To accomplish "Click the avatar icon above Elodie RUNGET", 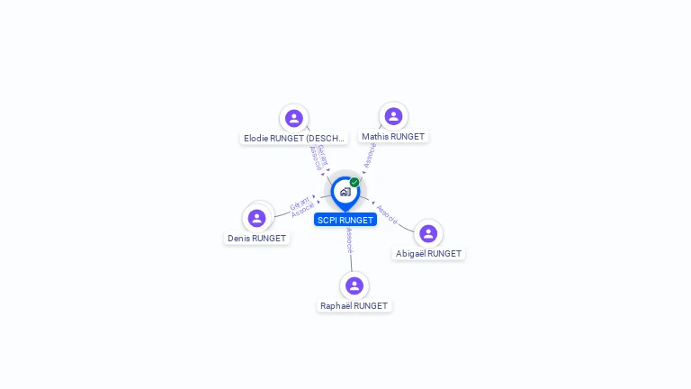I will (293, 118).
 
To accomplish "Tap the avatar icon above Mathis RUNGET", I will (393, 116).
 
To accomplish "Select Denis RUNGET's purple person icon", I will (257, 218).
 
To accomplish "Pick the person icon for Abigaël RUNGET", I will (428, 233).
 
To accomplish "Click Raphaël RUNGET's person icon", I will (354, 285).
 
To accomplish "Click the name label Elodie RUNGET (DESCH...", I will (294, 139).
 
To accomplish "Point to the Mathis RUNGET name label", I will (393, 137).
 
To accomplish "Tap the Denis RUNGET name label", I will (257, 239).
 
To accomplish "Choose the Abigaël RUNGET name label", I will (428, 254).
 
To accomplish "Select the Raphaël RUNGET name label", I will (354, 306).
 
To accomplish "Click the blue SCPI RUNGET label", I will (345, 220).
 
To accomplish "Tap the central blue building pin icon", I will (345, 192).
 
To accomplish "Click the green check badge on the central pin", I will (354, 182).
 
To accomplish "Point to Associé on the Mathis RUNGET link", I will (370, 155).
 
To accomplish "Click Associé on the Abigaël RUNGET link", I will (387, 213).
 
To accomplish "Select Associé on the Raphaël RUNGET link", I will (349, 240).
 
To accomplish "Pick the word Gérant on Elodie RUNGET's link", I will (322, 155).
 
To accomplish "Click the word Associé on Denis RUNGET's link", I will (303, 210).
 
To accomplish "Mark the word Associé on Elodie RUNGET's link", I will (314, 158).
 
